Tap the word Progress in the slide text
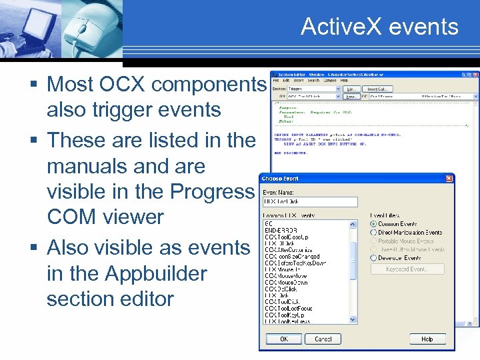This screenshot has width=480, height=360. [x=213, y=191]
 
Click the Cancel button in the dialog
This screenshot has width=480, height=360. [x=323, y=339]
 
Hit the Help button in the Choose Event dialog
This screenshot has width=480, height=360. [x=427, y=339]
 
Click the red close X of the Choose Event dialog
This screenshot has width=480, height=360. [x=450, y=179]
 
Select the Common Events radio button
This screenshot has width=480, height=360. [x=373, y=224]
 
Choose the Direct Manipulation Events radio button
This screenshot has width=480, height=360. [x=373, y=233]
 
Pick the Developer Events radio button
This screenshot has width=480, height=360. [x=373, y=257]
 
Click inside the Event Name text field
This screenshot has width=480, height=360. [x=310, y=201]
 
